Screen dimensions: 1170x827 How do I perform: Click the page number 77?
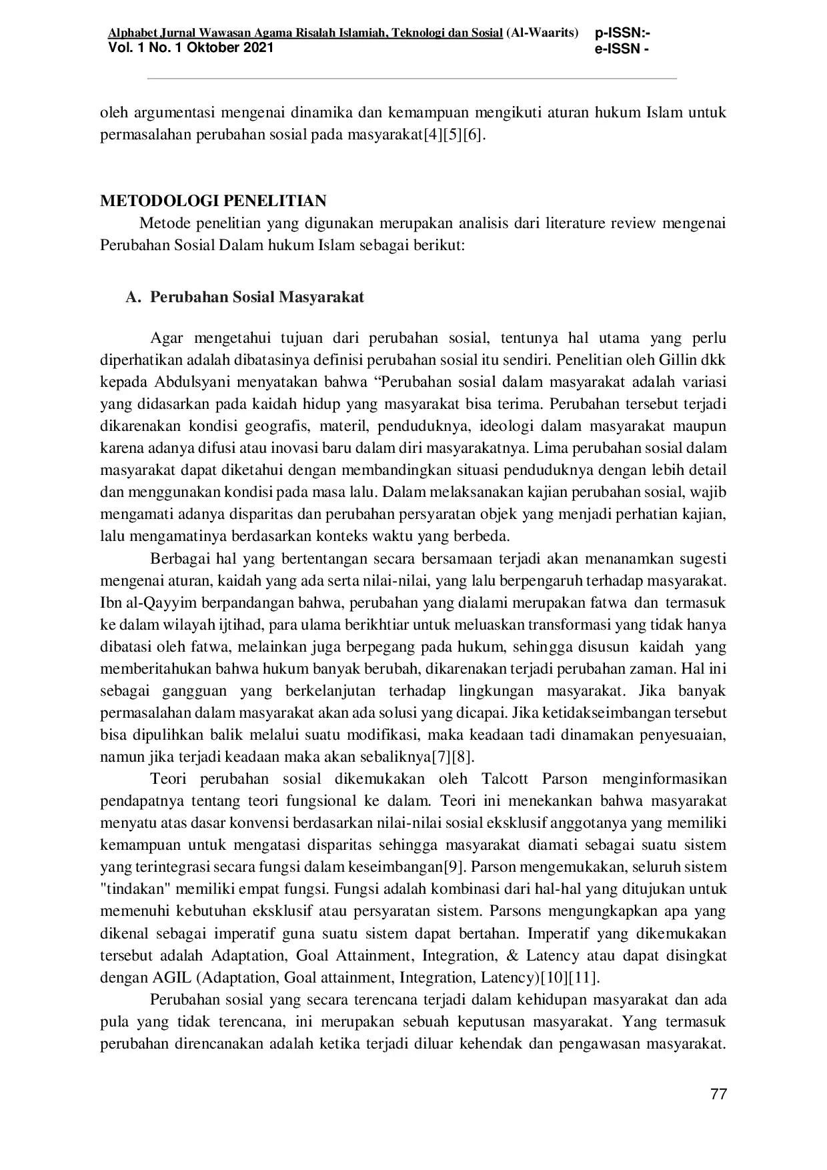click(x=718, y=1094)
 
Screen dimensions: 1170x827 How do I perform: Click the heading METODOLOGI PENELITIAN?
click(x=213, y=201)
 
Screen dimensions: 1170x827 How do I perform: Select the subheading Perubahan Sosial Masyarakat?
click(x=257, y=297)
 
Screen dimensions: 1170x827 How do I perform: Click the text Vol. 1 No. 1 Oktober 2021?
click(x=191, y=47)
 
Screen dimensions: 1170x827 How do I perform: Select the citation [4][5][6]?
click(x=451, y=135)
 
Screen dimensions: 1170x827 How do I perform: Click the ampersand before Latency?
click(x=512, y=955)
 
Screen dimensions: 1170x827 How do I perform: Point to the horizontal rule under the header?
click(x=411, y=79)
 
